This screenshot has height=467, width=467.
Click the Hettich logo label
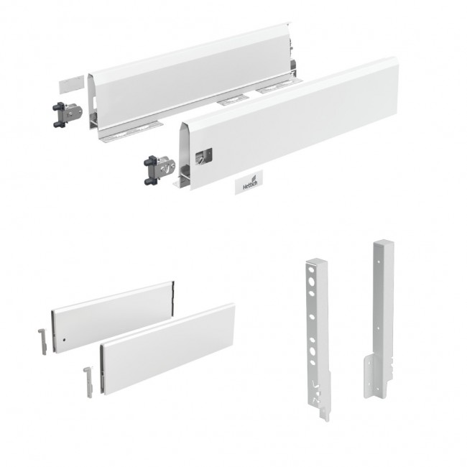click(249, 182)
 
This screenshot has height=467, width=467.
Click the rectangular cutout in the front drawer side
click(204, 156)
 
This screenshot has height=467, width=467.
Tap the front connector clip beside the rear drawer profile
click(68, 115)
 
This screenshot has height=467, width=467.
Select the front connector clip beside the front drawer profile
click(159, 170)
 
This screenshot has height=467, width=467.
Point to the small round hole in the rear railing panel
click(64, 339)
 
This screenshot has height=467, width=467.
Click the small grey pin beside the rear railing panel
click(42, 341)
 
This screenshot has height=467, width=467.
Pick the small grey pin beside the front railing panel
click(89, 382)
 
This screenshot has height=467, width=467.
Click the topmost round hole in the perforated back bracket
click(311, 271)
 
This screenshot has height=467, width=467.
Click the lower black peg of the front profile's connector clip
click(150, 181)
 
